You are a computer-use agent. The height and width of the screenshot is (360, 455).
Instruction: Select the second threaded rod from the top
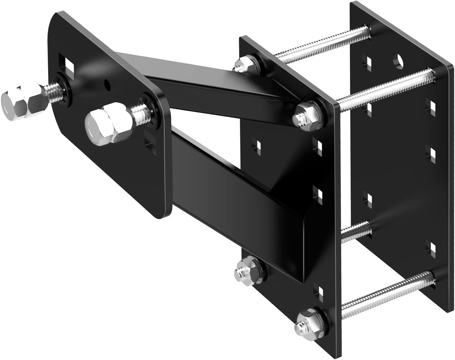384,86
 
